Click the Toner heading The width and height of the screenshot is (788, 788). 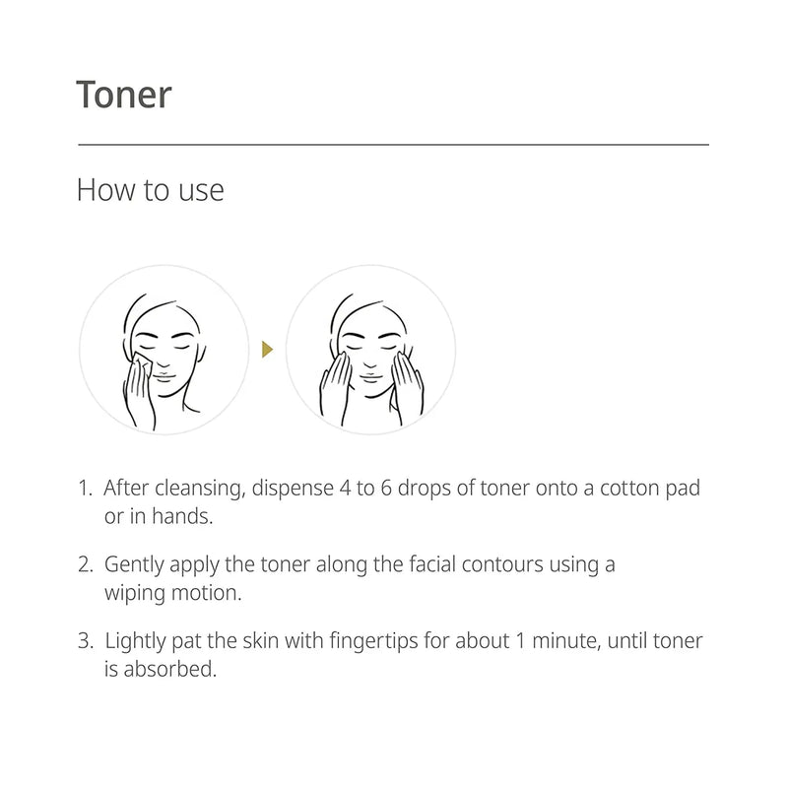point(124,95)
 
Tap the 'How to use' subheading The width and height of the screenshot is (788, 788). point(150,189)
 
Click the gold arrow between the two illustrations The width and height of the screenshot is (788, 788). point(267,348)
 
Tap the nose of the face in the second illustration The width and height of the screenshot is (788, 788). point(370,361)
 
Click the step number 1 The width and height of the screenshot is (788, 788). point(84,489)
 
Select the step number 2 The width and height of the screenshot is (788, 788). point(84,565)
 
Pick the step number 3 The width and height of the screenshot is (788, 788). point(84,642)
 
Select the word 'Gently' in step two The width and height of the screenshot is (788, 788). point(134,565)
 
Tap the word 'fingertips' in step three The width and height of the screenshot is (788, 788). point(373,642)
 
